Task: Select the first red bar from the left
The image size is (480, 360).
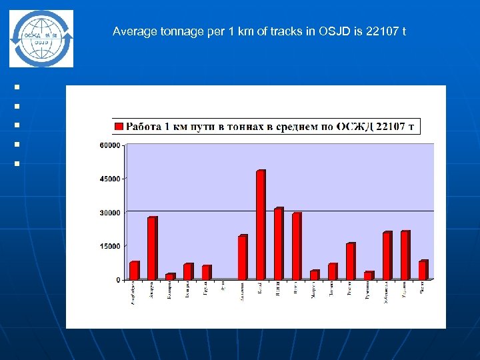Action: pyautogui.click(x=134, y=271)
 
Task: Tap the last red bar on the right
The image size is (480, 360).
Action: pyautogui.click(x=423, y=270)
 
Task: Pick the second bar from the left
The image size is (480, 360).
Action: pyautogui.click(x=152, y=248)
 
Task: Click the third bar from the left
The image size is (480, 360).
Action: pyautogui.click(x=170, y=276)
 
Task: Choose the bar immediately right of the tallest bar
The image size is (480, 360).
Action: pyautogui.click(x=279, y=243)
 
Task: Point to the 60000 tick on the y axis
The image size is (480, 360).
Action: pyautogui.click(x=111, y=145)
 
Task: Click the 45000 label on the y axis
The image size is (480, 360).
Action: pyautogui.click(x=111, y=179)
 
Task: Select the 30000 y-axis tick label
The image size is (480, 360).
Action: pyautogui.click(x=111, y=213)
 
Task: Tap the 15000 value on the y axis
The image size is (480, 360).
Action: pyautogui.click(x=111, y=246)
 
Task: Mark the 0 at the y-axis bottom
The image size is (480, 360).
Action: pyautogui.click(x=118, y=280)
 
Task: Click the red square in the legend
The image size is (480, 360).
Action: pyautogui.click(x=119, y=126)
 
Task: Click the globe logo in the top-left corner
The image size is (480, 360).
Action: pyautogui.click(x=42, y=38)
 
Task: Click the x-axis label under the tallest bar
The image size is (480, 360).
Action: pyautogui.click(x=260, y=289)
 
